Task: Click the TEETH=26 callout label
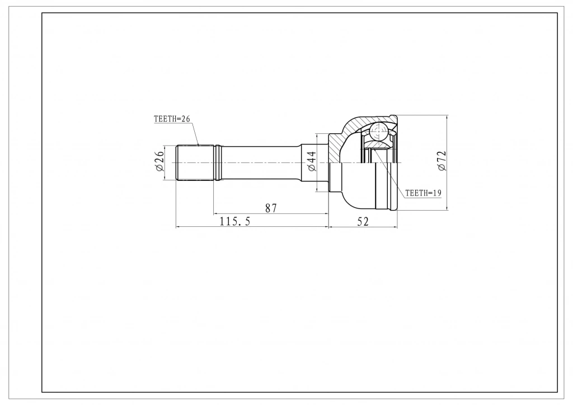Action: coord(172,119)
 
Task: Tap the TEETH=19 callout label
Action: coord(423,193)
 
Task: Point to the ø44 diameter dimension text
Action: coord(311,161)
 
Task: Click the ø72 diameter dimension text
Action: coord(442,161)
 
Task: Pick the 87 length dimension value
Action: coord(271,208)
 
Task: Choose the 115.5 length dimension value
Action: coord(234,221)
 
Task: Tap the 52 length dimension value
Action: coord(363,221)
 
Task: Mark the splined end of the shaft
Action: coord(195,163)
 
